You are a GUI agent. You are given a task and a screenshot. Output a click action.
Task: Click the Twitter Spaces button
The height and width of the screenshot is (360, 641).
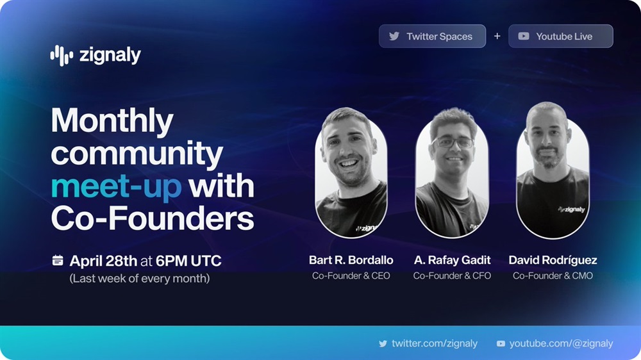pyautogui.click(x=432, y=37)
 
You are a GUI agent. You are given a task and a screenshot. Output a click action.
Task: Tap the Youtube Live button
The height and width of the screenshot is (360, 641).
pyautogui.click(x=560, y=37)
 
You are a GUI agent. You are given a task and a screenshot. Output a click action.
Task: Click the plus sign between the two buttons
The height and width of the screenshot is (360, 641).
pyautogui.click(x=497, y=37)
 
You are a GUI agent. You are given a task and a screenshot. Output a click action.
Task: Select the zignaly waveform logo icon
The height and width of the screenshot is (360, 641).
pyautogui.click(x=62, y=55)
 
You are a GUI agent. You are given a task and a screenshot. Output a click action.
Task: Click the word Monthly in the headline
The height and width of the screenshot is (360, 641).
pyautogui.click(x=112, y=121)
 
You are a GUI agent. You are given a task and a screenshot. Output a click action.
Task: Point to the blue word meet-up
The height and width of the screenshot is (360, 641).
pyautogui.click(x=117, y=186)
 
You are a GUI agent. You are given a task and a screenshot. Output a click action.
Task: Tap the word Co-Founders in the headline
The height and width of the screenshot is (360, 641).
pyautogui.click(x=153, y=219)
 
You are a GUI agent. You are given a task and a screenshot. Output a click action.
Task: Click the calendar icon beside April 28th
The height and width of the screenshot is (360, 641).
pyautogui.click(x=58, y=260)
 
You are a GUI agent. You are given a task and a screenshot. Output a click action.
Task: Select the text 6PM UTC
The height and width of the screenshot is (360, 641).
pyautogui.click(x=188, y=261)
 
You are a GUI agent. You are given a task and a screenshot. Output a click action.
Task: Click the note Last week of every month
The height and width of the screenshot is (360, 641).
pyautogui.click(x=139, y=279)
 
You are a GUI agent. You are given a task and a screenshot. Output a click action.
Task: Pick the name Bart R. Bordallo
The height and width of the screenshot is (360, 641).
pyautogui.click(x=351, y=260)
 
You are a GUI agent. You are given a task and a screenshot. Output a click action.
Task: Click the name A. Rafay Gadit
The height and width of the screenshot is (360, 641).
pyautogui.click(x=452, y=260)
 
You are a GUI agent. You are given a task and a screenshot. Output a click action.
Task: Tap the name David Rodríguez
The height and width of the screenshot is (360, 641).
pyautogui.click(x=553, y=260)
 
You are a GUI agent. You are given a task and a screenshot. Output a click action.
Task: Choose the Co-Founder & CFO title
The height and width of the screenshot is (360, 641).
pyautogui.click(x=452, y=276)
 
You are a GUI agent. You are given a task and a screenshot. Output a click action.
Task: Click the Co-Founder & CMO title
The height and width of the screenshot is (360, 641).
pyautogui.click(x=553, y=276)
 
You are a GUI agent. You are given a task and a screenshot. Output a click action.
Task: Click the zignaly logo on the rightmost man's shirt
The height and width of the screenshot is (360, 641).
pyautogui.click(x=572, y=209)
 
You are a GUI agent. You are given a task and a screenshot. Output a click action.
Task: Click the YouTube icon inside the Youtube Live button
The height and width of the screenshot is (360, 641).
pyautogui.click(x=524, y=37)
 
